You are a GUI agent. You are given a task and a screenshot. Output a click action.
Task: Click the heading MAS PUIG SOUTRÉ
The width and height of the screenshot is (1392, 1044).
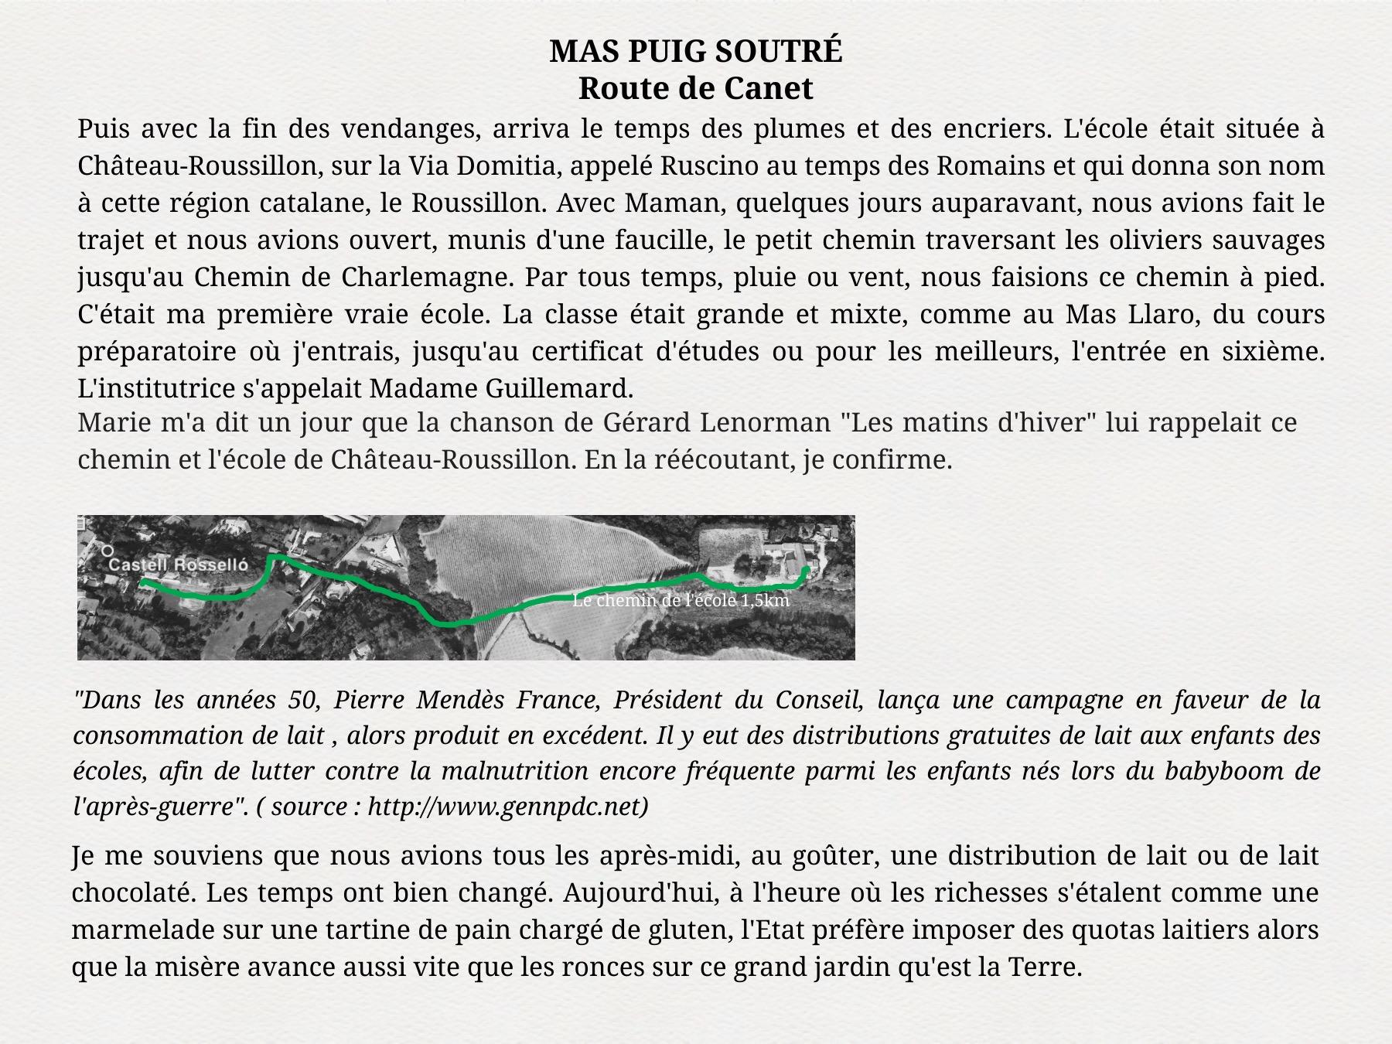pos(695,52)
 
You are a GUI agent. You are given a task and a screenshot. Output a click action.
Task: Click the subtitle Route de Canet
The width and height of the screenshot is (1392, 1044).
pos(695,89)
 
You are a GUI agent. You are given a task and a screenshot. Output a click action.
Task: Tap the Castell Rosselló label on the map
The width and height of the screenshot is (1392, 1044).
pos(179,565)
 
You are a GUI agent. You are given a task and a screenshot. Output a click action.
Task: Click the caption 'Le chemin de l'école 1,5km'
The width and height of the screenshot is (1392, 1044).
pos(681,601)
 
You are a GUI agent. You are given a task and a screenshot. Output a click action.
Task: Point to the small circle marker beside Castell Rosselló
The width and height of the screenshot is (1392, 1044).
pos(107,551)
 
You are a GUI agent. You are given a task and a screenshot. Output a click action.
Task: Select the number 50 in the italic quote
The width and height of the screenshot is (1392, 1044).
pos(303,700)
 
